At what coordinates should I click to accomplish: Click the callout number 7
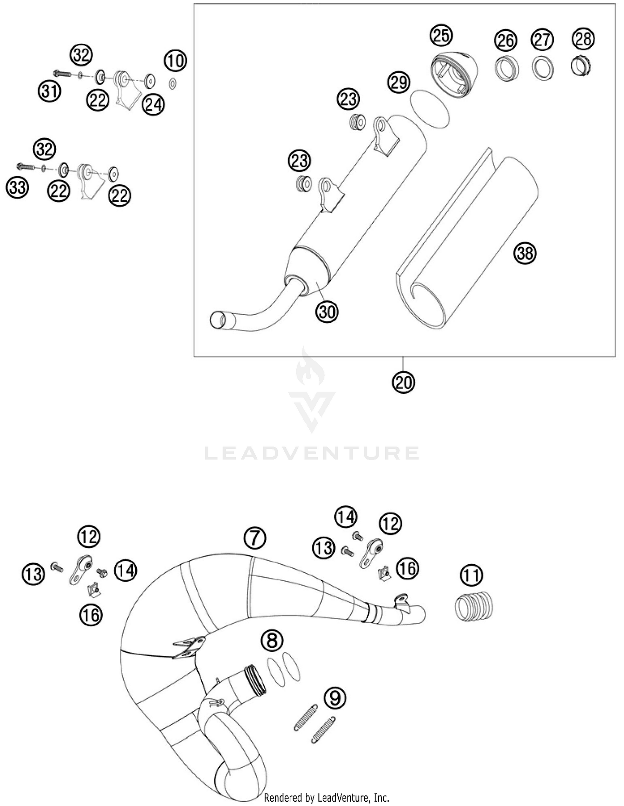(x=255, y=538)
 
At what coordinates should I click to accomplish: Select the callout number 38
(x=525, y=253)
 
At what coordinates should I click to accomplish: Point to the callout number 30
(x=327, y=311)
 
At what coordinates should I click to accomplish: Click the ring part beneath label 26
(x=506, y=68)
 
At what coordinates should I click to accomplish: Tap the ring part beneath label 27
(x=542, y=68)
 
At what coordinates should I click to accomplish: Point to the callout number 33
(x=17, y=187)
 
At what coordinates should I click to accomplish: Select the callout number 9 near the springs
(x=335, y=697)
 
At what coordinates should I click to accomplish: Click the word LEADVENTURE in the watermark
(x=312, y=453)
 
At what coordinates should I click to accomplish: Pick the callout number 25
(x=441, y=35)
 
